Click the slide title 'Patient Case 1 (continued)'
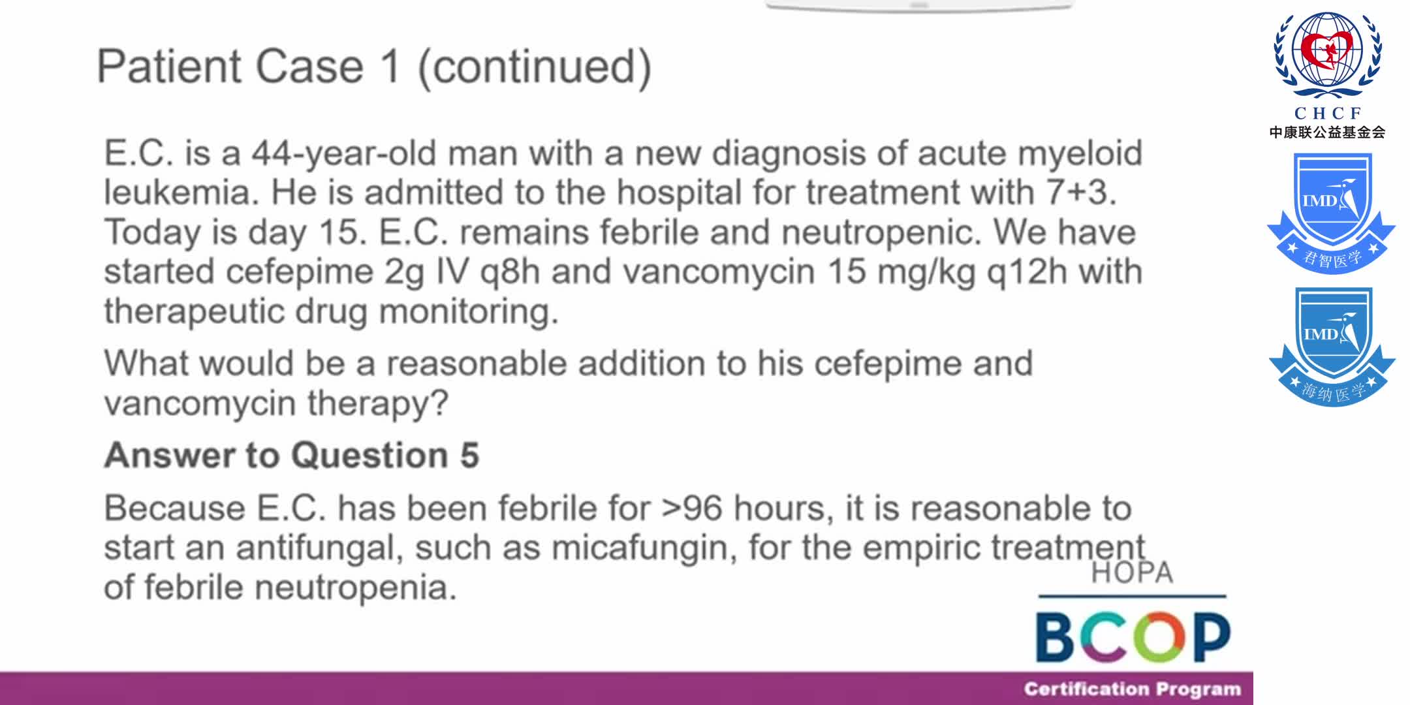pyautogui.click(x=374, y=67)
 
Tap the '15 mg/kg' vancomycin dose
pyautogui.click(x=901, y=273)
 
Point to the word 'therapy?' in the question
pyautogui.click(x=378, y=403)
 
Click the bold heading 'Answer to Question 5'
pyautogui.click(x=292, y=455)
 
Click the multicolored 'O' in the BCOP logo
pyautogui.click(x=1158, y=637)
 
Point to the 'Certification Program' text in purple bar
pyautogui.click(x=1132, y=689)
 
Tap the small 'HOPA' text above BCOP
pyautogui.click(x=1132, y=572)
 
